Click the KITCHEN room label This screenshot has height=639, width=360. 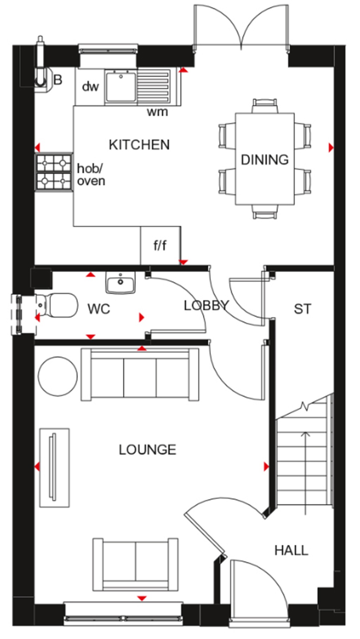coord(139,145)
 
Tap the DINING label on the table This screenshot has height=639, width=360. coord(264,160)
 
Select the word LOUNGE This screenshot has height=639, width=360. coord(147,450)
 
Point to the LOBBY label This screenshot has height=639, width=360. coord(206,305)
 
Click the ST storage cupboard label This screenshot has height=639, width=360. coord(302,309)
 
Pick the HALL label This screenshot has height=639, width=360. coord(291,550)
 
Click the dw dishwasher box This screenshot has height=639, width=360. coord(90,86)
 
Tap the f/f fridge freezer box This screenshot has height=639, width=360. coord(160,245)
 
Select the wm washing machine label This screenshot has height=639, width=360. coord(157,112)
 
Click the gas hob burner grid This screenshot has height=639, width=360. coord(54,172)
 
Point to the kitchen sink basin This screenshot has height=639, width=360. coord(121,86)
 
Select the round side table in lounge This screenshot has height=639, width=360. coord(58,376)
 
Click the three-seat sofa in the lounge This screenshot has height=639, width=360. coord(140,375)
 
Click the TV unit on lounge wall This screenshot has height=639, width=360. coord(54,467)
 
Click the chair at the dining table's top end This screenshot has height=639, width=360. coord(265,105)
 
